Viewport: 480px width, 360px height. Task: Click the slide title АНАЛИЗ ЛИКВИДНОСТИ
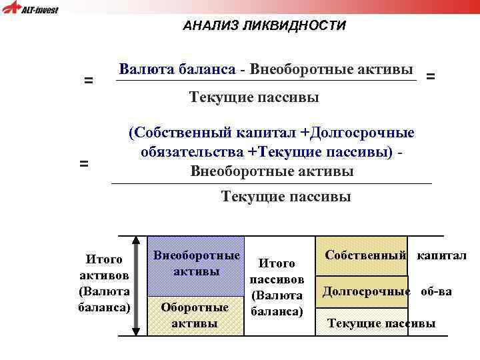coord(265,26)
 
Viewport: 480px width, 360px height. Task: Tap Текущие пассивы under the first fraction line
coord(254,98)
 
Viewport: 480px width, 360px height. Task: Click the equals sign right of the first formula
coord(431,77)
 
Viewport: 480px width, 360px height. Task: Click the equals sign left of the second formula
coord(84,163)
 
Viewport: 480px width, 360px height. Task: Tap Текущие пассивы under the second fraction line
coord(285,197)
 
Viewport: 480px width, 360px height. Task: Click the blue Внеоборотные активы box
coord(197,265)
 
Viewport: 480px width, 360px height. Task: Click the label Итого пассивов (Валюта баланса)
coord(277,287)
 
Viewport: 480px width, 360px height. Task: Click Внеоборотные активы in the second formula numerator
coord(272,171)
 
